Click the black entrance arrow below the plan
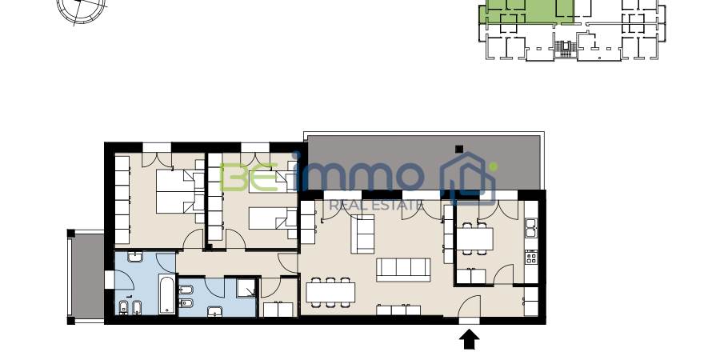tap(469, 340)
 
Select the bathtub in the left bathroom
tap(166, 294)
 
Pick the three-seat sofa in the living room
tap(403, 270)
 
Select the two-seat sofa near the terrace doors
tap(362, 234)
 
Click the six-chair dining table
tap(330, 292)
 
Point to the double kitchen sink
tap(531, 227)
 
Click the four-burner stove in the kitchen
tap(531, 258)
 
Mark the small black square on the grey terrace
tap(459, 149)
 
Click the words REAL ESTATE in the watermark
tap(376, 205)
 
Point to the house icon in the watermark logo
tap(469, 179)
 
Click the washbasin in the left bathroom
tap(135, 258)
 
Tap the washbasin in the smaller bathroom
tap(214, 311)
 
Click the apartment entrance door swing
tap(470, 306)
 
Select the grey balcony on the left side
tap(86, 277)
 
